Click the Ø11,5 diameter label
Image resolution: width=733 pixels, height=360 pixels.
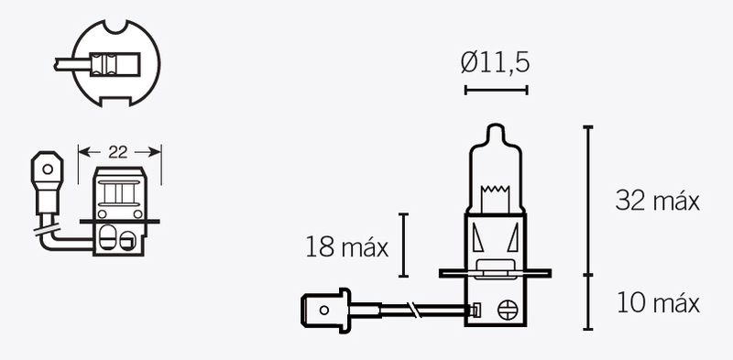point(496,63)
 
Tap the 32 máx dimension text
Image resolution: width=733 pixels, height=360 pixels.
point(657,202)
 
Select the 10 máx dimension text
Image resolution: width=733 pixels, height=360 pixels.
point(657,303)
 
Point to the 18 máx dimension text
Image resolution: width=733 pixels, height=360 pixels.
point(347,246)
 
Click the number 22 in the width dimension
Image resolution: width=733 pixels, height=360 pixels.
point(118,151)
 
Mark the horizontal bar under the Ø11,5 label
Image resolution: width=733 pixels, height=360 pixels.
point(496,89)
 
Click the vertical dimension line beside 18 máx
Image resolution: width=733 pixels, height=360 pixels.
point(403,245)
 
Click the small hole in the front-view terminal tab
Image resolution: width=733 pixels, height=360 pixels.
point(43,169)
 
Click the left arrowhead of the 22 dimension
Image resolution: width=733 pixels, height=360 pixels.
point(82,151)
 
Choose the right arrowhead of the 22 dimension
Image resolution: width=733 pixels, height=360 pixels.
point(158,151)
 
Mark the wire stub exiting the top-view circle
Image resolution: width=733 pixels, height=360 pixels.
point(69,64)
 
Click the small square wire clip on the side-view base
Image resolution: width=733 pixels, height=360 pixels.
point(475,310)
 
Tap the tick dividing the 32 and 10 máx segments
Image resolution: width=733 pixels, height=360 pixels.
point(587,274)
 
